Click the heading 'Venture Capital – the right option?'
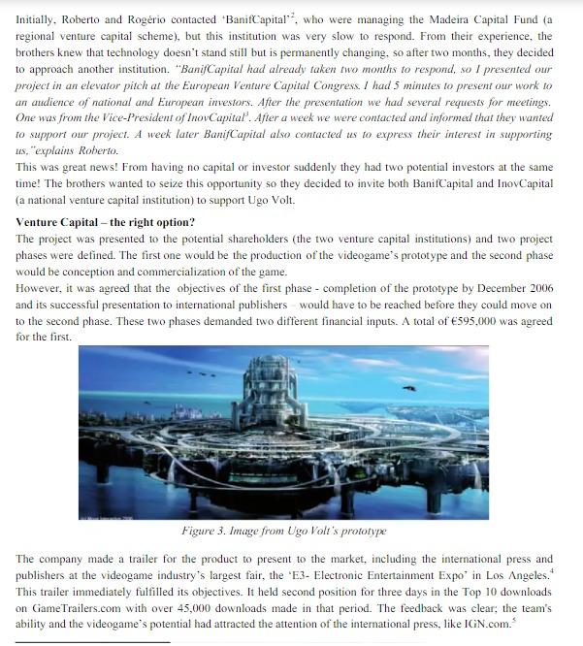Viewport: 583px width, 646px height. [x=105, y=222]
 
